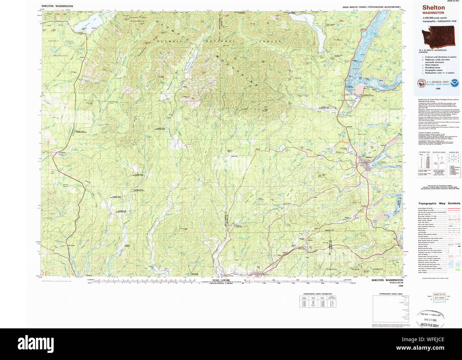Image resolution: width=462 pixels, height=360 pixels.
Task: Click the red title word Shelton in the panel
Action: click(x=433, y=7)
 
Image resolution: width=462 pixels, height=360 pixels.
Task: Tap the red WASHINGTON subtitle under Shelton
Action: click(x=433, y=13)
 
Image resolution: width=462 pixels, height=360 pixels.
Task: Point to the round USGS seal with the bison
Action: click(x=421, y=83)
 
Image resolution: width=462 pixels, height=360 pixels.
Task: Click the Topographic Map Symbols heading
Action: click(x=439, y=204)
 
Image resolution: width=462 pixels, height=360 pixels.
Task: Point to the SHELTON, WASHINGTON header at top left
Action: click(x=57, y=6)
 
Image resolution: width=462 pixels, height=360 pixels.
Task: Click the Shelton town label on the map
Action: click(x=368, y=157)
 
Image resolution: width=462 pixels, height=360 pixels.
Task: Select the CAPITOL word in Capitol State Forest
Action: click(x=332, y=269)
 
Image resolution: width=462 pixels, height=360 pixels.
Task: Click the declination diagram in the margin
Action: click(x=440, y=165)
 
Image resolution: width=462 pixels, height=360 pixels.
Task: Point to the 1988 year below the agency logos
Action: click(x=438, y=93)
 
